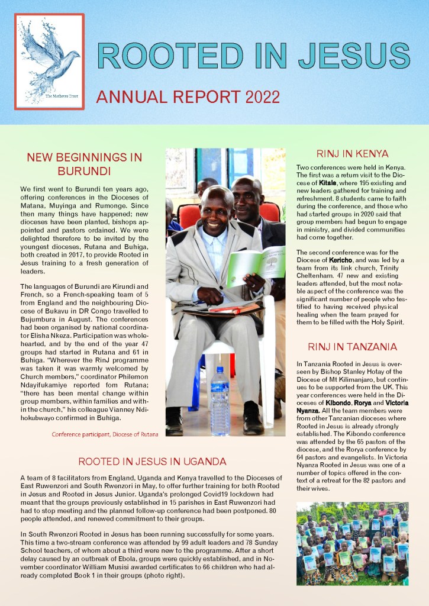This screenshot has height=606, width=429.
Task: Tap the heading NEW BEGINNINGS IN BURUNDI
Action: coord(85,164)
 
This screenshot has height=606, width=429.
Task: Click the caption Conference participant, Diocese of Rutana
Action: coord(105,434)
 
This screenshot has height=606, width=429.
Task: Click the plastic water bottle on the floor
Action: coord(220,394)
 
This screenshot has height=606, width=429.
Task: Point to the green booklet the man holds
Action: coord(254,266)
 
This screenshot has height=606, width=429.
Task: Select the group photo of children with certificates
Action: coord(353,543)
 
